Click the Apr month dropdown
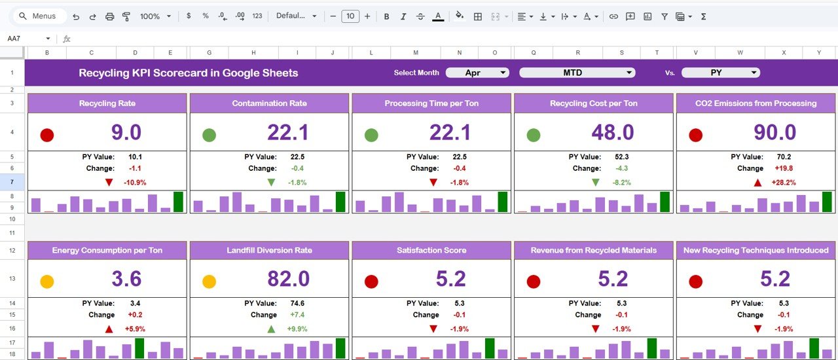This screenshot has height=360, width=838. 477,73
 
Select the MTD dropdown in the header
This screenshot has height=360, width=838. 577,73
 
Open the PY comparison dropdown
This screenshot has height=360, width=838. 721,73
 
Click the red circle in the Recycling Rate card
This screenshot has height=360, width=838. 46,135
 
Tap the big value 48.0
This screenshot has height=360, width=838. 612,133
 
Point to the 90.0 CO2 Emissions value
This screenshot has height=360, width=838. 774,133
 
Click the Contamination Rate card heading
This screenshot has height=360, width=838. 269,103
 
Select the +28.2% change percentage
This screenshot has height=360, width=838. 783,183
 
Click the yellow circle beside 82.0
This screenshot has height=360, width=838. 209,282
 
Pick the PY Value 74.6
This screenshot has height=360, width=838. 297,304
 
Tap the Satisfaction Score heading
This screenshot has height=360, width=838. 431,251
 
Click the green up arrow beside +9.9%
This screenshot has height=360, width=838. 271,329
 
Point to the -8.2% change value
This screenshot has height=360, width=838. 621,183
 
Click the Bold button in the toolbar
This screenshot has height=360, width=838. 386,16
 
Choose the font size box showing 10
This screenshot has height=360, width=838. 350,16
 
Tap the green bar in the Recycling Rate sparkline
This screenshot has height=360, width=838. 178,202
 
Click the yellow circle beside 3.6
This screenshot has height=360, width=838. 46,282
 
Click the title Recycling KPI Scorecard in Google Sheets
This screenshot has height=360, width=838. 189,73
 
